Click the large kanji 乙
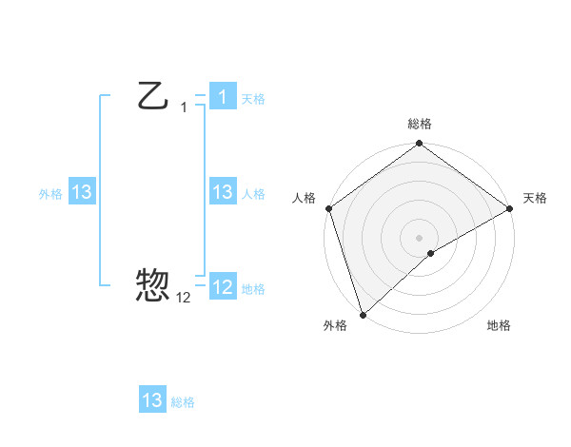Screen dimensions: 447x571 (x=153, y=95)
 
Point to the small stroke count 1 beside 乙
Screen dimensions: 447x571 (x=184, y=107)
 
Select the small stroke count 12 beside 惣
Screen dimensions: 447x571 (x=184, y=297)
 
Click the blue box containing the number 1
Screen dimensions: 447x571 (x=222, y=96)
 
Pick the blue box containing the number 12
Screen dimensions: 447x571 (x=222, y=286)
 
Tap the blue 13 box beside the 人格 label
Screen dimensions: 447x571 (x=222, y=192)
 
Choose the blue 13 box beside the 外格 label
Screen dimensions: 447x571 (x=81, y=192)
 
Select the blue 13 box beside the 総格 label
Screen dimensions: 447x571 (x=152, y=400)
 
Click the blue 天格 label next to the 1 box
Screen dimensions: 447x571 (x=253, y=98)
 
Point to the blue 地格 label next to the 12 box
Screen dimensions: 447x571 (x=253, y=288)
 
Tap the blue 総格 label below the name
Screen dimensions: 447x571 (x=183, y=402)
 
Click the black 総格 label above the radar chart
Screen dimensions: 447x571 (x=420, y=124)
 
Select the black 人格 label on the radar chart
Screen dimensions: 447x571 (x=304, y=198)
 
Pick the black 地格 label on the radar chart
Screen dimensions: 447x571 (x=499, y=325)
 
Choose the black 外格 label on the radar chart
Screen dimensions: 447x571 (x=335, y=325)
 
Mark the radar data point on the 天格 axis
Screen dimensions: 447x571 (x=510, y=207)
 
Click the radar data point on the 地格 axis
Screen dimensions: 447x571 (x=431, y=253)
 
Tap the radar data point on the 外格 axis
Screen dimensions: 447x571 (x=363, y=314)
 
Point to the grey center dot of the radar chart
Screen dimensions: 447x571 (x=419, y=237)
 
